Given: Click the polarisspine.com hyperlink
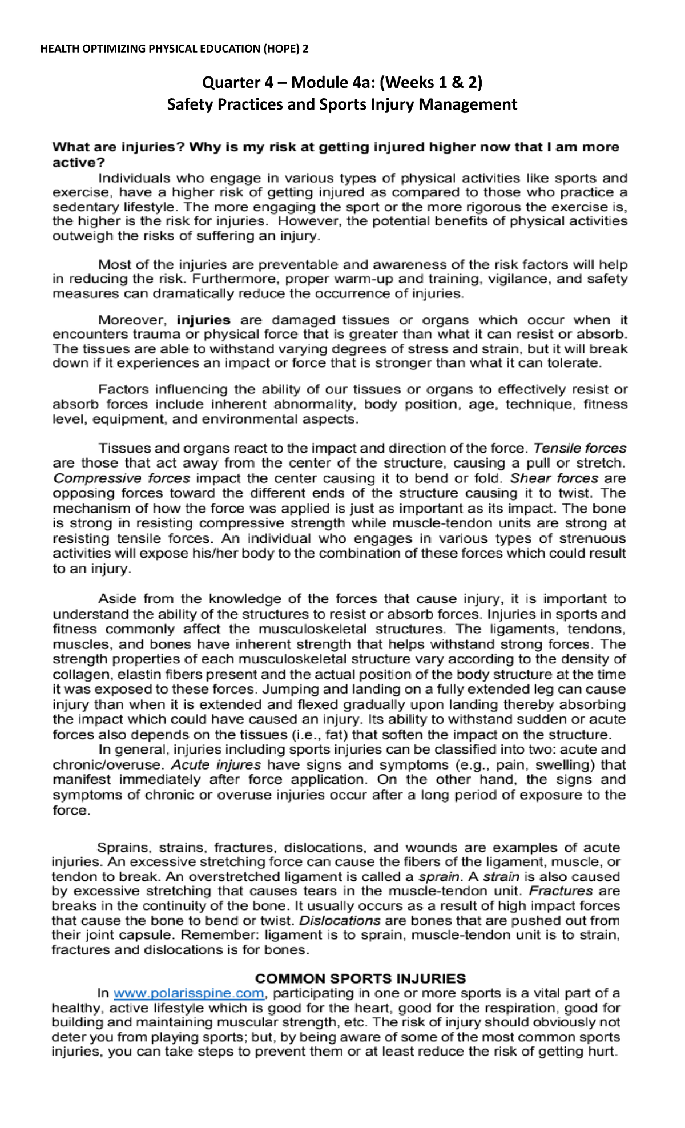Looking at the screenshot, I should (189, 993).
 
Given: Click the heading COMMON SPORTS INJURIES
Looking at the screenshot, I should (360, 978).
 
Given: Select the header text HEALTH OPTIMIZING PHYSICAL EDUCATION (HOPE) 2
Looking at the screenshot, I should (174, 49).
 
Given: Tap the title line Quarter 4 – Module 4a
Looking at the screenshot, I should (342, 83).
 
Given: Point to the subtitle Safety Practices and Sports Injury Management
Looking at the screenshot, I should (342, 104).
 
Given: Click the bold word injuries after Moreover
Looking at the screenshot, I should (204, 320).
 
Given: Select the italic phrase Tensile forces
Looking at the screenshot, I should (580, 448).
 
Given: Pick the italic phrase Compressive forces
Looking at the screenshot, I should (122, 478).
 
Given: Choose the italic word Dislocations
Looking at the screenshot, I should (340, 920).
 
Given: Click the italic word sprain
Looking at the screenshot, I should (439, 876).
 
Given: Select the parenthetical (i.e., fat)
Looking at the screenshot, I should (323, 735).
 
